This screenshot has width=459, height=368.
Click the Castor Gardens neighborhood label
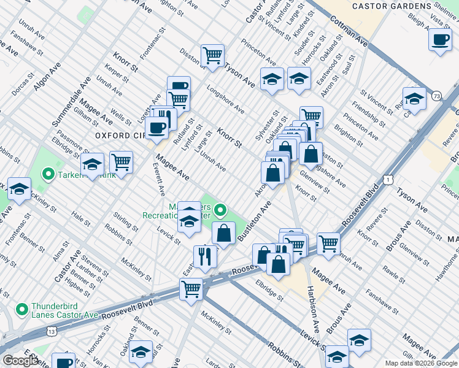click(x=392, y=6)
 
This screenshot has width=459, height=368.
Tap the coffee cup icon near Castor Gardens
click(x=440, y=40)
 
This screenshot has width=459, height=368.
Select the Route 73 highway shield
click(x=436, y=96)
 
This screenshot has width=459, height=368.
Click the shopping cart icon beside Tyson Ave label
click(x=212, y=55)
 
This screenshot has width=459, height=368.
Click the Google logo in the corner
click(x=20, y=361)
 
